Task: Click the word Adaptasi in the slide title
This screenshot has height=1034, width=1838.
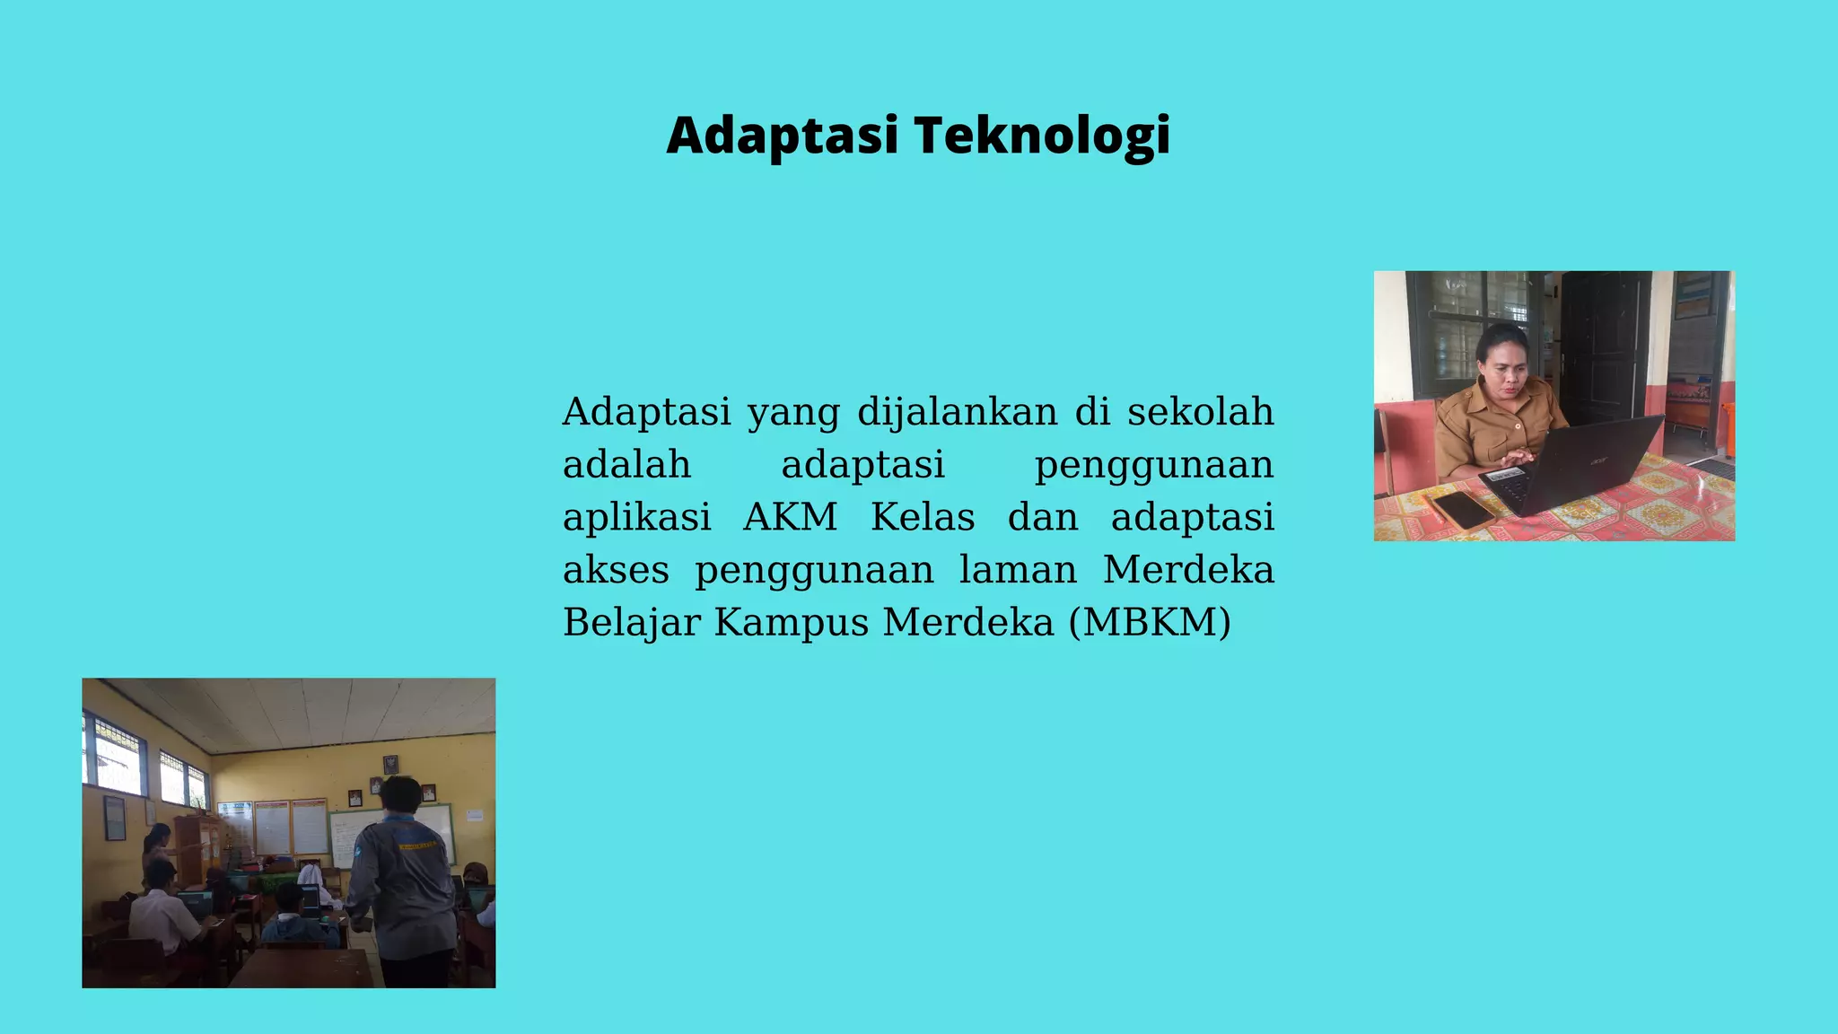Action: coord(782,136)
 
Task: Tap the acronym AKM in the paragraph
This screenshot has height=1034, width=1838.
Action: coord(790,518)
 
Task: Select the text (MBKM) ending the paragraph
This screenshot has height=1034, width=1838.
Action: coord(1150,623)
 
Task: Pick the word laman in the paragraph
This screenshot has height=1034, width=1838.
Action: coord(1018,570)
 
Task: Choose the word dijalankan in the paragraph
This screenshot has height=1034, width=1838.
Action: coord(957,412)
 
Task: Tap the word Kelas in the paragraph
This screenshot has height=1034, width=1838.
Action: coord(923,518)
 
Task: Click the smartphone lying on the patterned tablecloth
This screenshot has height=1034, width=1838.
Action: coord(1460,509)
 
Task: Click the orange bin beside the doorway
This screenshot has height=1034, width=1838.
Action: coord(1728,429)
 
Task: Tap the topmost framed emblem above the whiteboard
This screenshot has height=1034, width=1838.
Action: coord(389,764)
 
